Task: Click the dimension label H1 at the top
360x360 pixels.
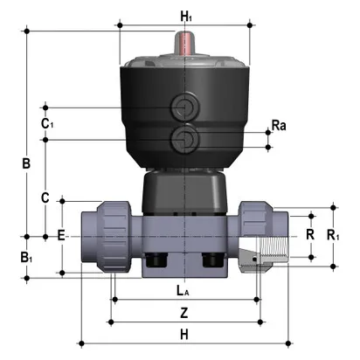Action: (185, 16)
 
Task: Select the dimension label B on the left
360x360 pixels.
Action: (26, 163)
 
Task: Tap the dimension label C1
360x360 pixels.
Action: (47, 123)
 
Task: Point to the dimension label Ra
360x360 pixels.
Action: (279, 126)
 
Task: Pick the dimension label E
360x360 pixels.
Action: (60, 236)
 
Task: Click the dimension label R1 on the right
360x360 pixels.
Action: (334, 236)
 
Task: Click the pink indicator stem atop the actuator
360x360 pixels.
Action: (185, 43)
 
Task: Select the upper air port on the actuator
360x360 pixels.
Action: (184, 108)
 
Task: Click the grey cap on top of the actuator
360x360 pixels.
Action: (185, 67)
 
